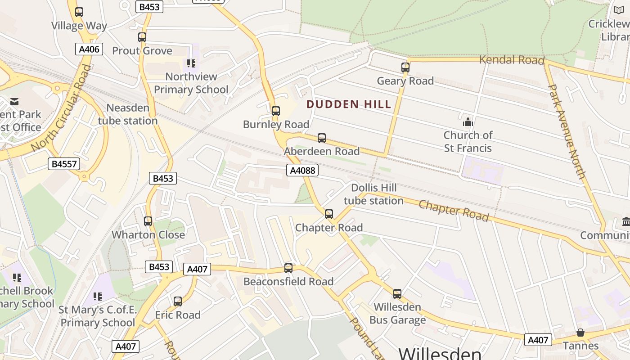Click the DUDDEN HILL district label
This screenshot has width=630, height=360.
coord(349,104)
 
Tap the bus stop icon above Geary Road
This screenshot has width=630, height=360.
coord(405,67)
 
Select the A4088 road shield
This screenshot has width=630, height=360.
coord(302,170)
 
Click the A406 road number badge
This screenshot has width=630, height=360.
coord(89,49)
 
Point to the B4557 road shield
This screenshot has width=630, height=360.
coord(64,164)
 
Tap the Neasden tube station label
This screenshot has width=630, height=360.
coord(128,114)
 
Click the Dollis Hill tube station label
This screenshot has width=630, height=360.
coord(373,194)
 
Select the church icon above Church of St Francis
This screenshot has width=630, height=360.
coord(468,122)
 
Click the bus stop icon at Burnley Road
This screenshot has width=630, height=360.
coord(276,111)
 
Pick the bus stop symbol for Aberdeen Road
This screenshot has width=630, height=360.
coord(322,138)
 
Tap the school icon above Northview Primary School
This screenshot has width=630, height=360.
coord(191,63)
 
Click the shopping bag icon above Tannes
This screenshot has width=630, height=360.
coord(580,333)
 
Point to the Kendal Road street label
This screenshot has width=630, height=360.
coord(512,59)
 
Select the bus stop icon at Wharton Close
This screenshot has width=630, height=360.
coord(148,221)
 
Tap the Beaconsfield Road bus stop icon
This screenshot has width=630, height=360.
coord(288,268)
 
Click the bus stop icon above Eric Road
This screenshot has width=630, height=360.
coord(178,301)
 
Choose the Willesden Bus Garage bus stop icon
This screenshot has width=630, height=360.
coord(397,294)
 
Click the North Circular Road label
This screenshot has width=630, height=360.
coord(61,108)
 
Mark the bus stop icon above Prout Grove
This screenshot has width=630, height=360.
coord(142,37)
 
